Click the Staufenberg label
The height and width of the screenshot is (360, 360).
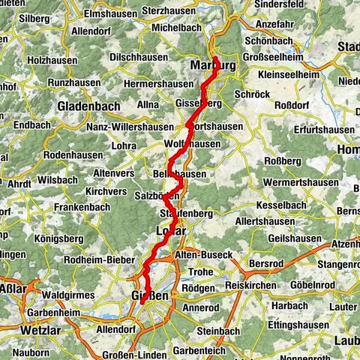[186, 214]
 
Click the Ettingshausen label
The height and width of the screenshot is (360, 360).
[302, 326]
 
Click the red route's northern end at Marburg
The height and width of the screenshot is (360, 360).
[215, 58]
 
